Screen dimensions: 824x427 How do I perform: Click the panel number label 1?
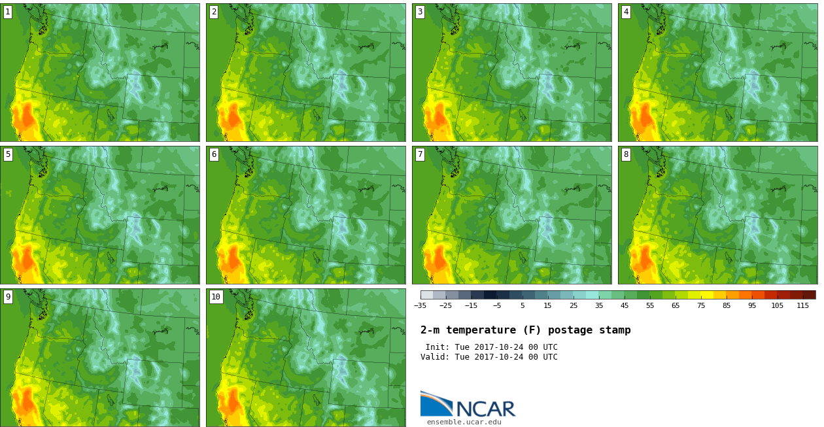8,12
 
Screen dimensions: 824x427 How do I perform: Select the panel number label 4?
626,12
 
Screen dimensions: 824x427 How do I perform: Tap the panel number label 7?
420,154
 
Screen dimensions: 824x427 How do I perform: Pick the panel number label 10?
216,297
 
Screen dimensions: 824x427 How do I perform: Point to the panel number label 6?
214,154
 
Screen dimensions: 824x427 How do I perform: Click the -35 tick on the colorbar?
420,305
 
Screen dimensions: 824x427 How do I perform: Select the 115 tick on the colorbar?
802,305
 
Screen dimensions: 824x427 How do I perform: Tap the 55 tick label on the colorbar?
650,305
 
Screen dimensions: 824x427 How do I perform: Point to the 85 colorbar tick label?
727,305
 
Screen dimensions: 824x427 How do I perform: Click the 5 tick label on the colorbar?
523,305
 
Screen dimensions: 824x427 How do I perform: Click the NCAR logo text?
487,409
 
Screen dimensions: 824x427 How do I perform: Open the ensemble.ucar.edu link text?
464,422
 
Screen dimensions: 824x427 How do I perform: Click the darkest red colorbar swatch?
810,295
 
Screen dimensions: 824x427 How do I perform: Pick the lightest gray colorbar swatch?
427,295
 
